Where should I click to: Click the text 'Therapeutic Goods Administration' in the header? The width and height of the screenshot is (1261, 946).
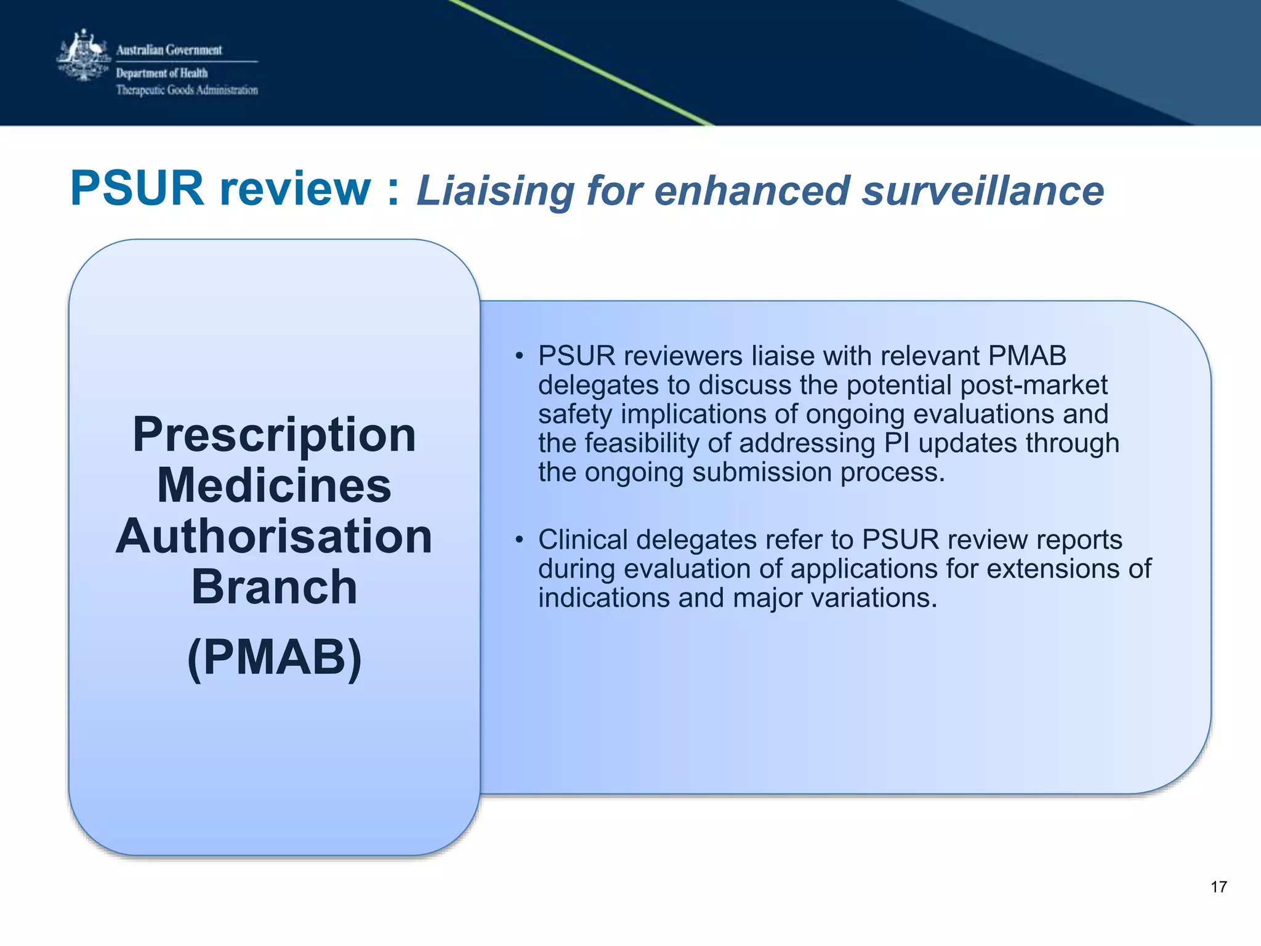pyautogui.click(x=187, y=91)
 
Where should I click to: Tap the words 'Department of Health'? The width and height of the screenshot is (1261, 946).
pyautogui.click(x=162, y=73)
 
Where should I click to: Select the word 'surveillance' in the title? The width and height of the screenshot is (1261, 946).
pyautogui.click(x=983, y=191)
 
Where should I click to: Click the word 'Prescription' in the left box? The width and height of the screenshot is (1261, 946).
pyautogui.click(x=275, y=435)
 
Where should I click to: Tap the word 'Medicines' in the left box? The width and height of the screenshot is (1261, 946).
pyautogui.click(x=275, y=486)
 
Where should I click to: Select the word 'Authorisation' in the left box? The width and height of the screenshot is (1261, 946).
pyautogui.click(x=275, y=536)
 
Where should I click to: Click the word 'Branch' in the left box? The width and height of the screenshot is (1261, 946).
pyautogui.click(x=275, y=588)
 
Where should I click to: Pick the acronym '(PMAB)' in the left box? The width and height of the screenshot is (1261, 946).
pyautogui.click(x=275, y=658)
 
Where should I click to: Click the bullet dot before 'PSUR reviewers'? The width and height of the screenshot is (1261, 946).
pyautogui.click(x=520, y=357)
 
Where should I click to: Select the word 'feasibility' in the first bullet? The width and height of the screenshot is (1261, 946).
pyautogui.click(x=656, y=443)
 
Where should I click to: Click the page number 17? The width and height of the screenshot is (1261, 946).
pyautogui.click(x=1219, y=887)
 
